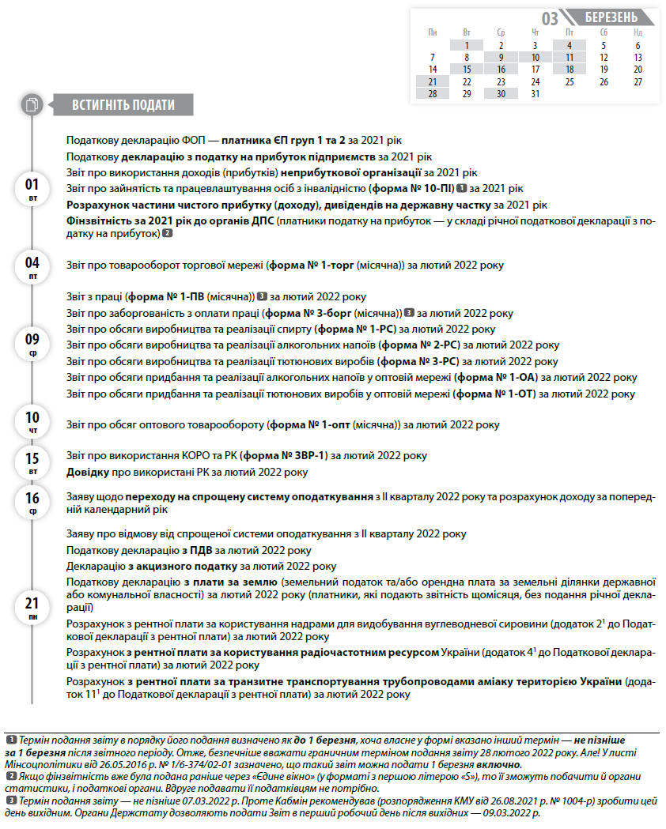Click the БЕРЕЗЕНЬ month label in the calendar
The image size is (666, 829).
tap(611, 18)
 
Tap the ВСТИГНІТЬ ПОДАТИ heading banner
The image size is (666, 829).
tap(123, 105)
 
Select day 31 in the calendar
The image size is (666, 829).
tap(535, 94)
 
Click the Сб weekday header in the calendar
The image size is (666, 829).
tap(604, 32)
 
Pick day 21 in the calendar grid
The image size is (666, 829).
tap(433, 81)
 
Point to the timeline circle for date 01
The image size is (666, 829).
tap(32, 190)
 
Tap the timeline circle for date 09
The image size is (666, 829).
tap(32, 345)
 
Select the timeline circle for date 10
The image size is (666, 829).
tap(32, 423)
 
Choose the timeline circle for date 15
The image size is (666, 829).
tap(32, 464)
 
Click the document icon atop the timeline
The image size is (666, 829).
tap(32, 104)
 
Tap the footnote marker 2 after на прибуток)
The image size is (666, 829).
tap(168, 234)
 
